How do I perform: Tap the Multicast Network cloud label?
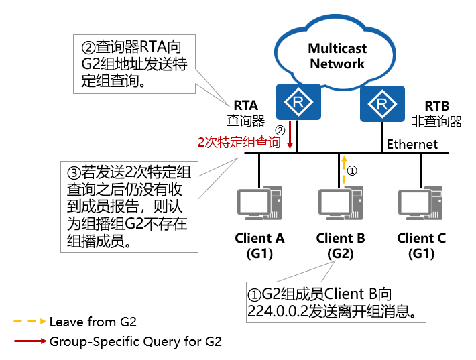(x=337, y=56)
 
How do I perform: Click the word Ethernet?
(x=412, y=144)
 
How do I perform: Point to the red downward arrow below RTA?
(x=290, y=138)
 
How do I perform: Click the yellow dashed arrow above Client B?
(x=343, y=170)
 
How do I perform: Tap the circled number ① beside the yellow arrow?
(x=353, y=170)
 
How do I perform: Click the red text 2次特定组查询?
(x=238, y=143)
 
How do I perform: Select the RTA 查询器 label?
(x=245, y=113)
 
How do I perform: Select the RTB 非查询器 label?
(x=436, y=113)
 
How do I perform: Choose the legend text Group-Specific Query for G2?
(x=135, y=341)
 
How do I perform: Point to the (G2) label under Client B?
(x=340, y=253)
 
